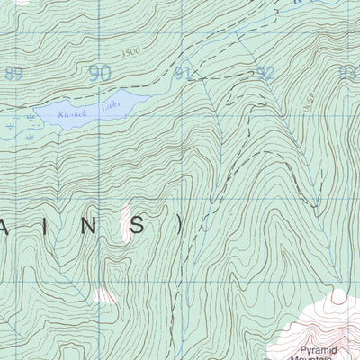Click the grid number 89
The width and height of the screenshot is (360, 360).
13,74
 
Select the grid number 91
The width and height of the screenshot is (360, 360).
184,74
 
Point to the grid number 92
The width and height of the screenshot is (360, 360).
265,74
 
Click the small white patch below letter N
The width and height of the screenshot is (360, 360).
106,294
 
